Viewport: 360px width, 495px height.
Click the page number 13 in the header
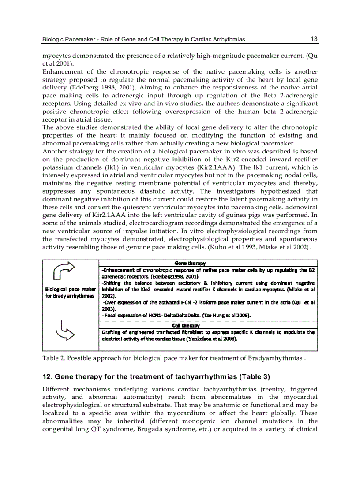point(314,39)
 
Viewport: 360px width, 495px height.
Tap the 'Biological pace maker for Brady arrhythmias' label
point(71,292)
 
